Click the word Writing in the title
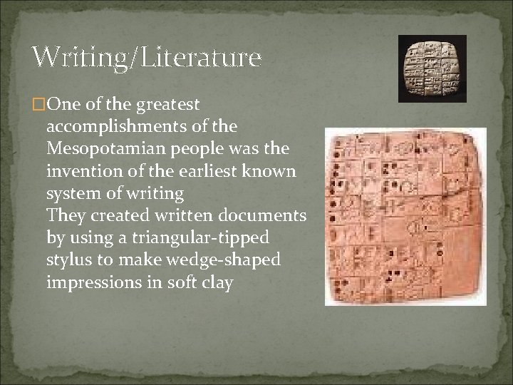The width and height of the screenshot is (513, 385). [77, 56]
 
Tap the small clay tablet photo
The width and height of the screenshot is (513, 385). [432, 70]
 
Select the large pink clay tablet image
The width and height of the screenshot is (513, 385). [405, 217]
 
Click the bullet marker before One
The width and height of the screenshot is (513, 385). [39, 105]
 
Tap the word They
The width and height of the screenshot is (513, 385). [65, 216]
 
